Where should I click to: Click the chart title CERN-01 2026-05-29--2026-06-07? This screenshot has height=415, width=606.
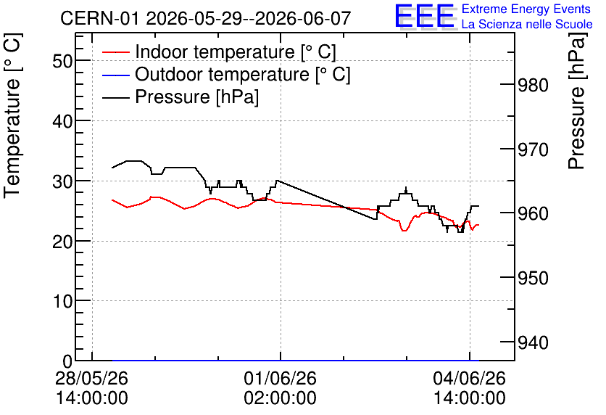(x=205, y=18)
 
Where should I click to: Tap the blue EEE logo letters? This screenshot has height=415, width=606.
(x=425, y=16)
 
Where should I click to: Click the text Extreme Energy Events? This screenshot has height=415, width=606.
(x=526, y=9)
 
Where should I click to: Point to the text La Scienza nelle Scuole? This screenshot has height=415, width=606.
(x=527, y=24)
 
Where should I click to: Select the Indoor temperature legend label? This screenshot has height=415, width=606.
(x=236, y=52)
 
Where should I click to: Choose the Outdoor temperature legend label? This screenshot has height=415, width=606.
(x=243, y=74)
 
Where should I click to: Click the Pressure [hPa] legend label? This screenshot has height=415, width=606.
(x=196, y=96)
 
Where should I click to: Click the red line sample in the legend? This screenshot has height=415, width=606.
(x=115, y=52)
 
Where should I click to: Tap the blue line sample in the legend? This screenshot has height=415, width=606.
(x=115, y=75)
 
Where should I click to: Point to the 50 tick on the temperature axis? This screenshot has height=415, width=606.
(x=62, y=61)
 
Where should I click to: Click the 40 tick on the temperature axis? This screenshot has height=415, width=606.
(x=62, y=121)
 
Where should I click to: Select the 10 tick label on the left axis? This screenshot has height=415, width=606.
(x=62, y=301)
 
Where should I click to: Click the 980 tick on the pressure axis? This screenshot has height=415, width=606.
(x=533, y=85)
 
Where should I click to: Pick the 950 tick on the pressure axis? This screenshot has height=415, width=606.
(x=533, y=278)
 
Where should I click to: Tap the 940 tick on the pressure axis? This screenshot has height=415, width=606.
(x=533, y=342)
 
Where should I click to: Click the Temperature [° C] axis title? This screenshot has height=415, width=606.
(x=12, y=116)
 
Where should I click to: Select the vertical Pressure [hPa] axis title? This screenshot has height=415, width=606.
(x=576, y=102)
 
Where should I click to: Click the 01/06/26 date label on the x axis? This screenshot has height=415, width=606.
(x=281, y=378)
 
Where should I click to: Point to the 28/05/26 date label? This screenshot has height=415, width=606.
(x=91, y=378)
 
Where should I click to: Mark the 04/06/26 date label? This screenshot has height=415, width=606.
(x=469, y=378)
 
